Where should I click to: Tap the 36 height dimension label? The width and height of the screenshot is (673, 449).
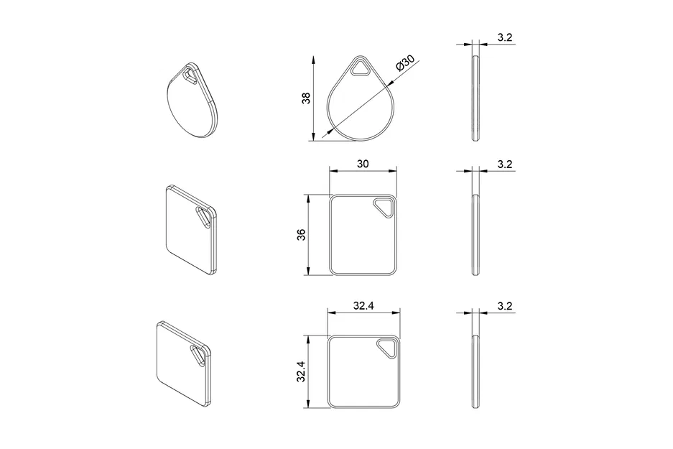point(301,235)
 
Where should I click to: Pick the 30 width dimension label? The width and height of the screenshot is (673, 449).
point(362,164)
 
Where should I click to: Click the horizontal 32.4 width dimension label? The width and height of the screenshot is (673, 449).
point(363,305)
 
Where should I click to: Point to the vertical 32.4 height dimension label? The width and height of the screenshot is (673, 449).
point(301,372)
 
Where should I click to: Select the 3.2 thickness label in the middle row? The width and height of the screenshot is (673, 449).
point(504,165)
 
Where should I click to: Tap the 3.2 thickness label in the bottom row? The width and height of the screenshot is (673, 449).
point(504,306)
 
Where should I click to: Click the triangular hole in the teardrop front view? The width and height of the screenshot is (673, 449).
point(360,69)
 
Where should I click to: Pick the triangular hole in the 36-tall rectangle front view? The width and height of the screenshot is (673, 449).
point(384,207)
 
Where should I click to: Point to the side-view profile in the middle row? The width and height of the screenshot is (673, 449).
point(474,234)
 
